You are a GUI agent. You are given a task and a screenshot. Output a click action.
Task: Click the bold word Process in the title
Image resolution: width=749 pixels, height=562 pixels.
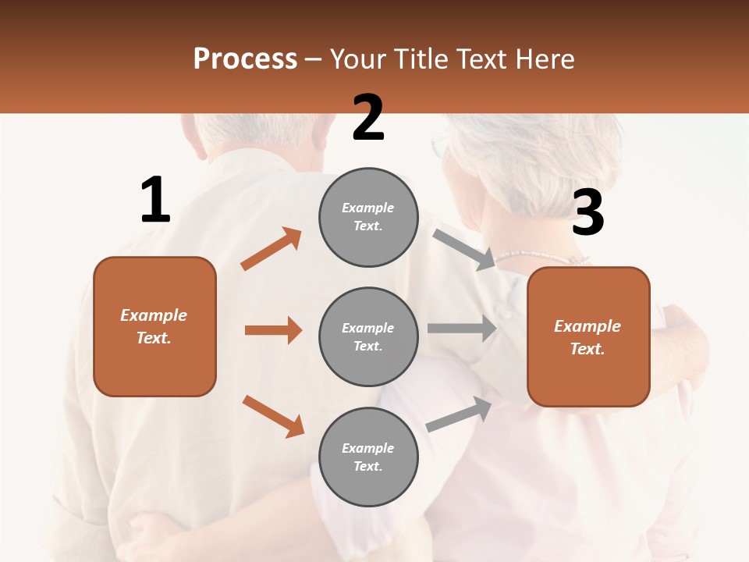[x=245, y=59]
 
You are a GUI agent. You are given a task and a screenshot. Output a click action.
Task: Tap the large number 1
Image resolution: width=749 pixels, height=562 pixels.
[x=155, y=200]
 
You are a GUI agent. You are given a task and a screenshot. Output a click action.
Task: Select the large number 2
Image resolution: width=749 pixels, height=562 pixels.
[x=368, y=117]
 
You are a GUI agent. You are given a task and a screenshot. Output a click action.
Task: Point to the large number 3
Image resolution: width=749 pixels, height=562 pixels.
[x=587, y=213]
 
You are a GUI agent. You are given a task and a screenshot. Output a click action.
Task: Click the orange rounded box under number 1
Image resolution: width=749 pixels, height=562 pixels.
[x=154, y=326]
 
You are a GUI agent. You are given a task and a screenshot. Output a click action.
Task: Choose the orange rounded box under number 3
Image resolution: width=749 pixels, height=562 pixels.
[x=588, y=337]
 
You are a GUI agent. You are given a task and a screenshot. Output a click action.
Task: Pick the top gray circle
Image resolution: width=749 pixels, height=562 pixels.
[x=368, y=217]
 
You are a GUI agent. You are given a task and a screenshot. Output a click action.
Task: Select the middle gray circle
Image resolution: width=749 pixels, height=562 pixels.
[x=368, y=337]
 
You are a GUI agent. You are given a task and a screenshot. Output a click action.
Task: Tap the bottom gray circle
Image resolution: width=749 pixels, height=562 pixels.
[x=368, y=457]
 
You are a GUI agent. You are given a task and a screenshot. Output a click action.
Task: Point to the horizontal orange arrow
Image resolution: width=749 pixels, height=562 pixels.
[x=273, y=330]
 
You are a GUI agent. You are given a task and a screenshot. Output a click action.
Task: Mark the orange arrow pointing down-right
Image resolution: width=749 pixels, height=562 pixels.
[x=273, y=416]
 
